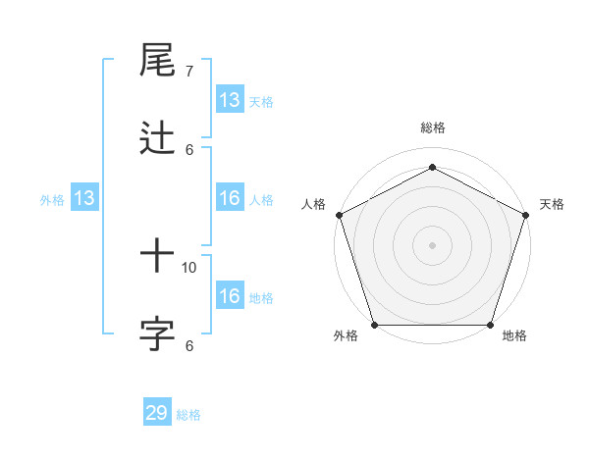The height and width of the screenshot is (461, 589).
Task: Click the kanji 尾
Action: (x=157, y=61)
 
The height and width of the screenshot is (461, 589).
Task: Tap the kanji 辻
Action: (x=157, y=138)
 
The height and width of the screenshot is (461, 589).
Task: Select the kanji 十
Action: (x=157, y=257)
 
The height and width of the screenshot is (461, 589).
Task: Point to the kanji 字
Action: (x=157, y=334)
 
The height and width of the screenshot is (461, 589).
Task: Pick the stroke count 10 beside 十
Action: (x=189, y=267)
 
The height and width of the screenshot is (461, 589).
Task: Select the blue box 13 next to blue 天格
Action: (x=229, y=100)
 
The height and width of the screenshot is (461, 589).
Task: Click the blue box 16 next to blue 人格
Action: (x=229, y=198)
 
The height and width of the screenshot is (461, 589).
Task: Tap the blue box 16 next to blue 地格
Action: (x=229, y=296)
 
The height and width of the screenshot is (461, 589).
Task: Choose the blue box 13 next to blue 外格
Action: (x=84, y=198)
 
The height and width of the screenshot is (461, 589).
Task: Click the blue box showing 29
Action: (x=157, y=413)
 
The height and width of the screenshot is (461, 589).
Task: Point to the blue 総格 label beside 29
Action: (x=189, y=415)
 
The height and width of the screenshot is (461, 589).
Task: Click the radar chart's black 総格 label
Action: (x=433, y=128)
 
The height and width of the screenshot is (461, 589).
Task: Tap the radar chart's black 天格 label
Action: (x=552, y=204)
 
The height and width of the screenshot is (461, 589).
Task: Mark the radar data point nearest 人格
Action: (x=339, y=214)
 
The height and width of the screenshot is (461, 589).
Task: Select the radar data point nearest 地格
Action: (x=491, y=325)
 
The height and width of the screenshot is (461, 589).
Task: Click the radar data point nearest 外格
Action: (x=374, y=325)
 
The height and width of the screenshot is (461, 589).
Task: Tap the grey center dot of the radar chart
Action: (x=433, y=244)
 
